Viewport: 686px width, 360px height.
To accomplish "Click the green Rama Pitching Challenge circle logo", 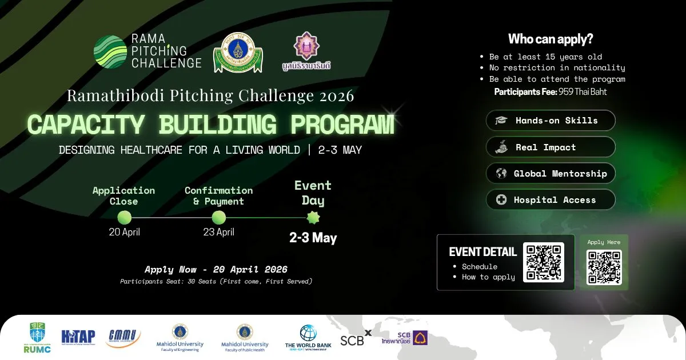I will click(x=110, y=52).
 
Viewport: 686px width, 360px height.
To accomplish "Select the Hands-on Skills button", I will click(x=551, y=121).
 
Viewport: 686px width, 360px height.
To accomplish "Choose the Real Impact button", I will click(x=551, y=147).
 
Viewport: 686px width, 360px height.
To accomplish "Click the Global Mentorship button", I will click(x=551, y=174).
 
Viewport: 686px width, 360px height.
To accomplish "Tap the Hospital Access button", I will click(x=551, y=200).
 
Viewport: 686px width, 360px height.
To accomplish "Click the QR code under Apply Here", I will click(x=604, y=267).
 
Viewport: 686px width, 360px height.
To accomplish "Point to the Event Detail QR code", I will click(x=543, y=262).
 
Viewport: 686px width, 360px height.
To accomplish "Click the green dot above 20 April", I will click(x=124, y=217).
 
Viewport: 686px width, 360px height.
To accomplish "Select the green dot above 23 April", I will click(x=218, y=217).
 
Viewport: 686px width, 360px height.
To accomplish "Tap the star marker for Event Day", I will click(x=313, y=217).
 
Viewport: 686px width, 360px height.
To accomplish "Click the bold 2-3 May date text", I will click(x=313, y=238).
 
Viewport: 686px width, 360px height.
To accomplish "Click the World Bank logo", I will click(x=308, y=337).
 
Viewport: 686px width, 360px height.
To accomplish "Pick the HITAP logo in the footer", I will click(x=78, y=337).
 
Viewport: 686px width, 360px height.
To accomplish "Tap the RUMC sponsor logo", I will click(x=37, y=337).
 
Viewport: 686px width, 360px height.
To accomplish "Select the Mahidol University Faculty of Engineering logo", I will click(x=180, y=337).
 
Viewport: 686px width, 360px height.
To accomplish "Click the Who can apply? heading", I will click(x=551, y=39).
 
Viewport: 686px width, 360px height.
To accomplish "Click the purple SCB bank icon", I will click(x=421, y=338).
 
